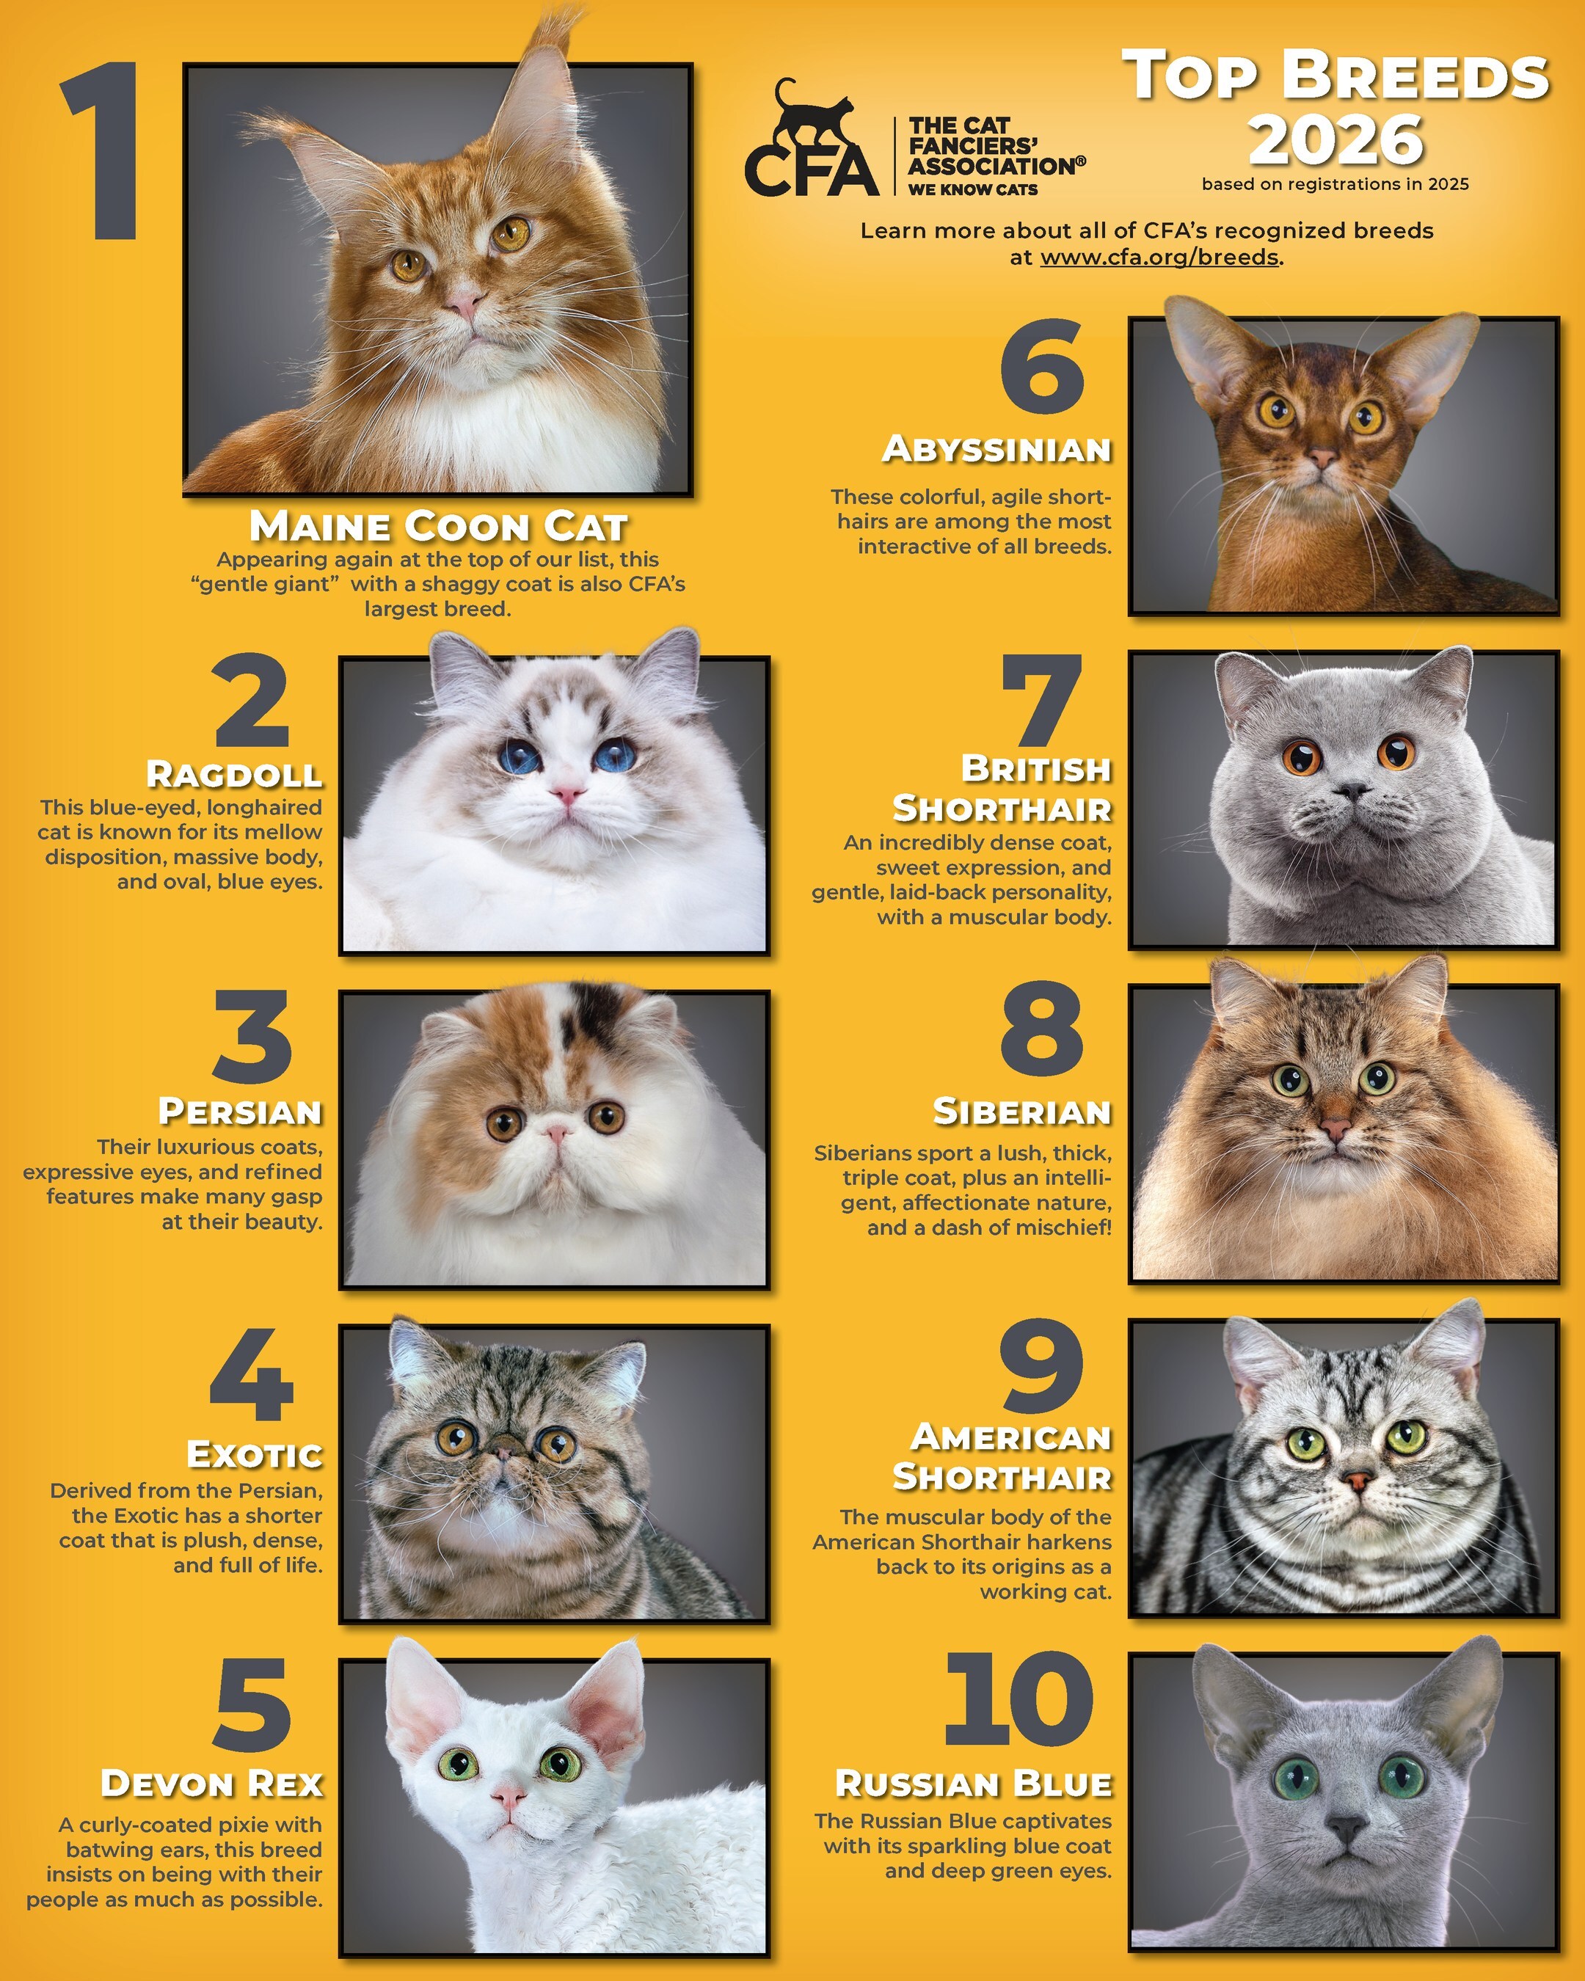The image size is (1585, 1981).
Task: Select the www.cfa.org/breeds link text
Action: (x=1159, y=258)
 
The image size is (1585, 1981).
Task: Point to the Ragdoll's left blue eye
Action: (x=520, y=755)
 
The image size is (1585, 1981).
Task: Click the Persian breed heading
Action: (x=240, y=1112)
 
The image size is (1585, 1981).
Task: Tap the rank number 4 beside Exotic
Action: (x=252, y=1376)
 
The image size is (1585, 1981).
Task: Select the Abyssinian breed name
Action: (x=997, y=450)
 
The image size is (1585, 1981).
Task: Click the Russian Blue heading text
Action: (x=973, y=1784)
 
